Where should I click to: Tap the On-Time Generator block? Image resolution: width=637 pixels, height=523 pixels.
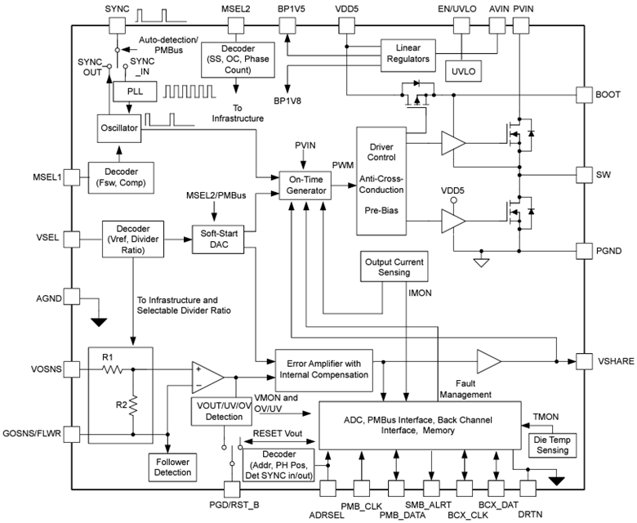[304, 185]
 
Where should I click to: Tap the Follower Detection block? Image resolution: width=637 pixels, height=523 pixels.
[172, 466]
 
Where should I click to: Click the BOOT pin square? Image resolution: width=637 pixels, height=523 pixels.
[586, 95]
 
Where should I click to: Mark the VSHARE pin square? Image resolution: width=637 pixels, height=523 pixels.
[586, 360]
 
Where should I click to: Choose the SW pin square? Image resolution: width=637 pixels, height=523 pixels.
[586, 175]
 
